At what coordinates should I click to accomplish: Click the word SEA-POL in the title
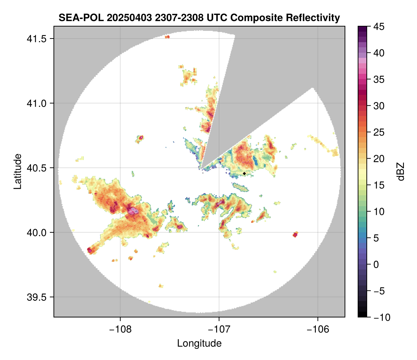pyautogui.click(x=75, y=17)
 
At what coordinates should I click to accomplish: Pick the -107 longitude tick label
pyautogui.click(x=219, y=329)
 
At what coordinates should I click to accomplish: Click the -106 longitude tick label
pyautogui.click(x=318, y=329)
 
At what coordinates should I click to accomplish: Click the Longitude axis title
pyautogui.click(x=199, y=343)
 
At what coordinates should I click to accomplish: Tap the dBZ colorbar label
pyautogui.click(x=401, y=171)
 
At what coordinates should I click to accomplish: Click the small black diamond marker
pyautogui.click(x=244, y=173)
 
